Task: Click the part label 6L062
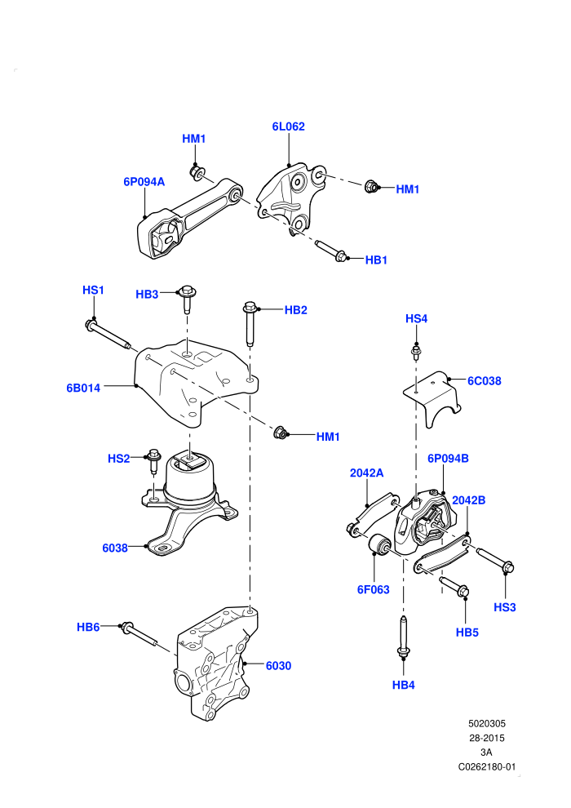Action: (x=288, y=127)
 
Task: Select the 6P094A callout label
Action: (x=144, y=182)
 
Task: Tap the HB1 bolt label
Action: (x=376, y=260)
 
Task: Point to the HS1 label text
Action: (x=93, y=290)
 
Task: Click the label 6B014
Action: (x=83, y=388)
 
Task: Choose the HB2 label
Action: (x=295, y=310)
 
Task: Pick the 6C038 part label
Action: (x=484, y=381)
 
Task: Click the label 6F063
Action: (x=374, y=589)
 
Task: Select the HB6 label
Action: (x=88, y=627)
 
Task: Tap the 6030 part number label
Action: (x=278, y=666)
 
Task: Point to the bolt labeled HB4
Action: (x=404, y=637)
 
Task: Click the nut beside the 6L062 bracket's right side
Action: (x=370, y=186)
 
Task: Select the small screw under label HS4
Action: (x=416, y=353)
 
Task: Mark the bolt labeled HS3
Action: (x=495, y=560)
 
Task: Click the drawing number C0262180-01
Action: (x=486, y=766)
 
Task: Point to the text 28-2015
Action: (x=486, y=738)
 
